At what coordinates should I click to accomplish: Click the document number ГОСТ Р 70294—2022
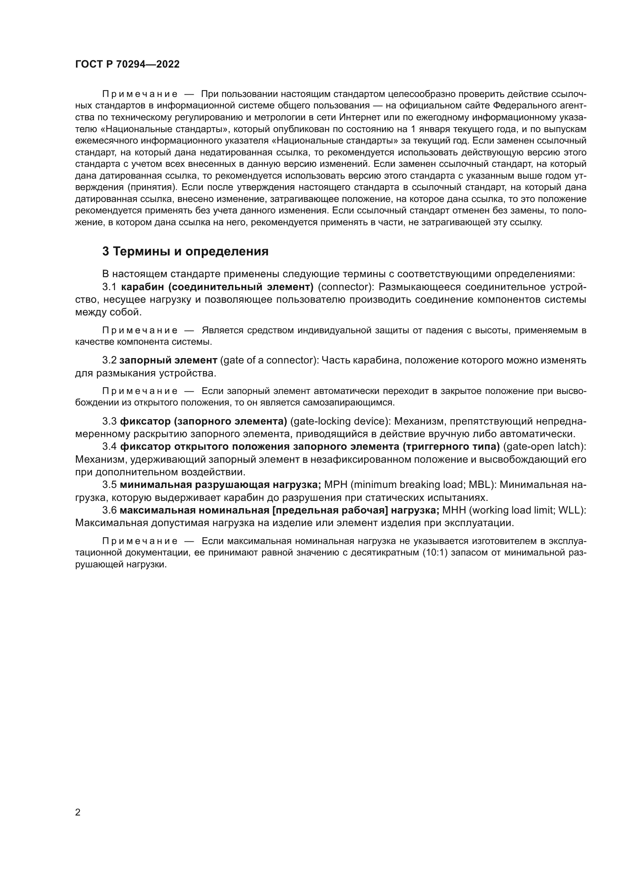pyautogui.click(x=127, y=65)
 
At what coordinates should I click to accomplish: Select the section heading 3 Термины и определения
pyautogui.click(x=185, y=252)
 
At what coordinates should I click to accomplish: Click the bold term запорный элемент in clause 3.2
pyautogui.click(x=168, y=360)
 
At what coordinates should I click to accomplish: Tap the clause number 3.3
pyautogui.click(x=109, y=421)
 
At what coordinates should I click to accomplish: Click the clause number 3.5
pyautogui.click(x=109, y=484)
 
